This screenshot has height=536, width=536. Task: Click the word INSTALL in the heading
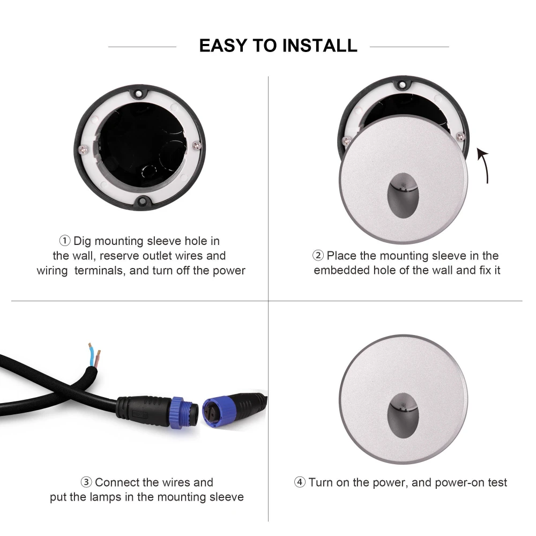(320, 46)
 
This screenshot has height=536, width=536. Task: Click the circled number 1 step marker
(65, 241)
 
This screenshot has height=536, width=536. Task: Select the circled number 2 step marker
(318, 255)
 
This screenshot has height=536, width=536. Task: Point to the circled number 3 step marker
(86, 482)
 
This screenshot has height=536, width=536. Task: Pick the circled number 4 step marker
(300, 482)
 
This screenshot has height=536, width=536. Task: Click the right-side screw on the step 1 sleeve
(197, 145)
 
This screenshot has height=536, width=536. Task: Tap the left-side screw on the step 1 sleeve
(83, 150)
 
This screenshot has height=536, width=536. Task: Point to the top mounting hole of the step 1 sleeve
(138, 93)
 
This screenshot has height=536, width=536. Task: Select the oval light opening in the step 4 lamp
(404, 415)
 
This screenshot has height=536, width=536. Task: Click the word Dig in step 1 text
(83, 241)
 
